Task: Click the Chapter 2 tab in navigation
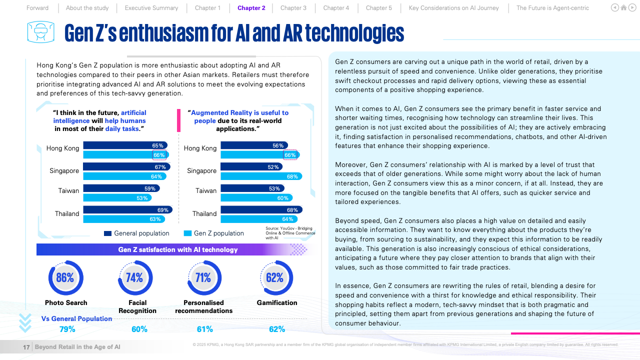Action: coord(251,8)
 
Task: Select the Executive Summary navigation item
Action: coord(151,8)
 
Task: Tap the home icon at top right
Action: coord(623,8)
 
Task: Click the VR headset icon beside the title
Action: coord(40,32)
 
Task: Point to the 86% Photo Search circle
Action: coord(65,278)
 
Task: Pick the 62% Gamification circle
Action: coord(274,278)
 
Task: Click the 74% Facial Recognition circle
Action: coord(134,278)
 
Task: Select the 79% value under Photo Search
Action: coord(67,329)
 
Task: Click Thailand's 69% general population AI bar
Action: coord(127,210)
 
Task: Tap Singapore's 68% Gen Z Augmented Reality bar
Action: coord(261,176)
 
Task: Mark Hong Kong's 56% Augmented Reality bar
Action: coord(254,145)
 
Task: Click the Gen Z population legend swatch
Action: coord(188,233)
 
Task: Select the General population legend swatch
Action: coord(107,233)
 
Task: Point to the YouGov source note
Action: coord(290,233)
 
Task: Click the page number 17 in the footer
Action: coord(26,347)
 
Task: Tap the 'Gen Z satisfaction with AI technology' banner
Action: coord(177,249)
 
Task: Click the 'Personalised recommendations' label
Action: coord(203,306)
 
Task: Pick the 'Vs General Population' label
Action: coord(76,318)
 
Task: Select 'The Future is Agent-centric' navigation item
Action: coord(552,8)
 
